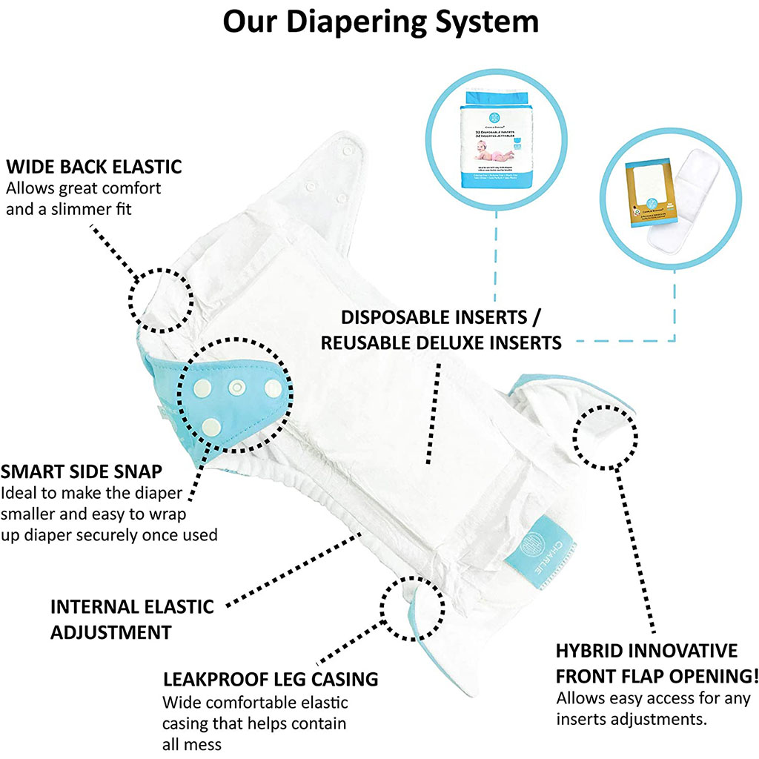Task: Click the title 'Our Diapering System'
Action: (x=380, y=22)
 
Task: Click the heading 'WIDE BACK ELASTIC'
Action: (x=93, y=165)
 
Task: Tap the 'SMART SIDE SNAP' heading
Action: (x=82, y=471)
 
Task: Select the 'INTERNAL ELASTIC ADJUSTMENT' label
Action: (x=131, y=619)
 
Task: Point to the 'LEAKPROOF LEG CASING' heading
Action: (x=270, y=678)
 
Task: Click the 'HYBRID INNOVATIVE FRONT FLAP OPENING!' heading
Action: (x=657, y=663)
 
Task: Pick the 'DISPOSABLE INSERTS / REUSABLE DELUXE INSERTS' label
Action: (x=440, y=330)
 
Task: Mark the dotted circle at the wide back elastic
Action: (x=162, y=299)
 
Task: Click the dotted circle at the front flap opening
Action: (x=605, y=437)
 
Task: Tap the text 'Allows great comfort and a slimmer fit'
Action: (x=83, y=199)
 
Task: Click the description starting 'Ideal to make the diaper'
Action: (x=108, y=513)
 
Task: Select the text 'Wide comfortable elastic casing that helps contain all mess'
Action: (x=254, y=723)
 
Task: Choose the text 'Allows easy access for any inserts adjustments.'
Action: (x=653, y=708)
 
